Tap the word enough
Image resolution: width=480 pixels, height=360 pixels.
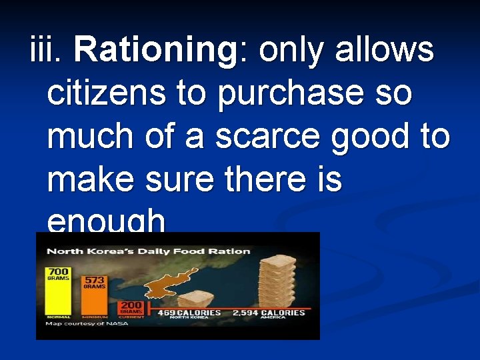click(107, 221)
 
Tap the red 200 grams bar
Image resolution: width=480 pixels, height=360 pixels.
click(131, 307)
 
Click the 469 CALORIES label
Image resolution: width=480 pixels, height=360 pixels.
click(189, 313)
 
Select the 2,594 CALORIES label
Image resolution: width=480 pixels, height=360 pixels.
click(268, 313)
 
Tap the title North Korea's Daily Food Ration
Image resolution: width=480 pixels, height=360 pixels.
click(147, 251)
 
